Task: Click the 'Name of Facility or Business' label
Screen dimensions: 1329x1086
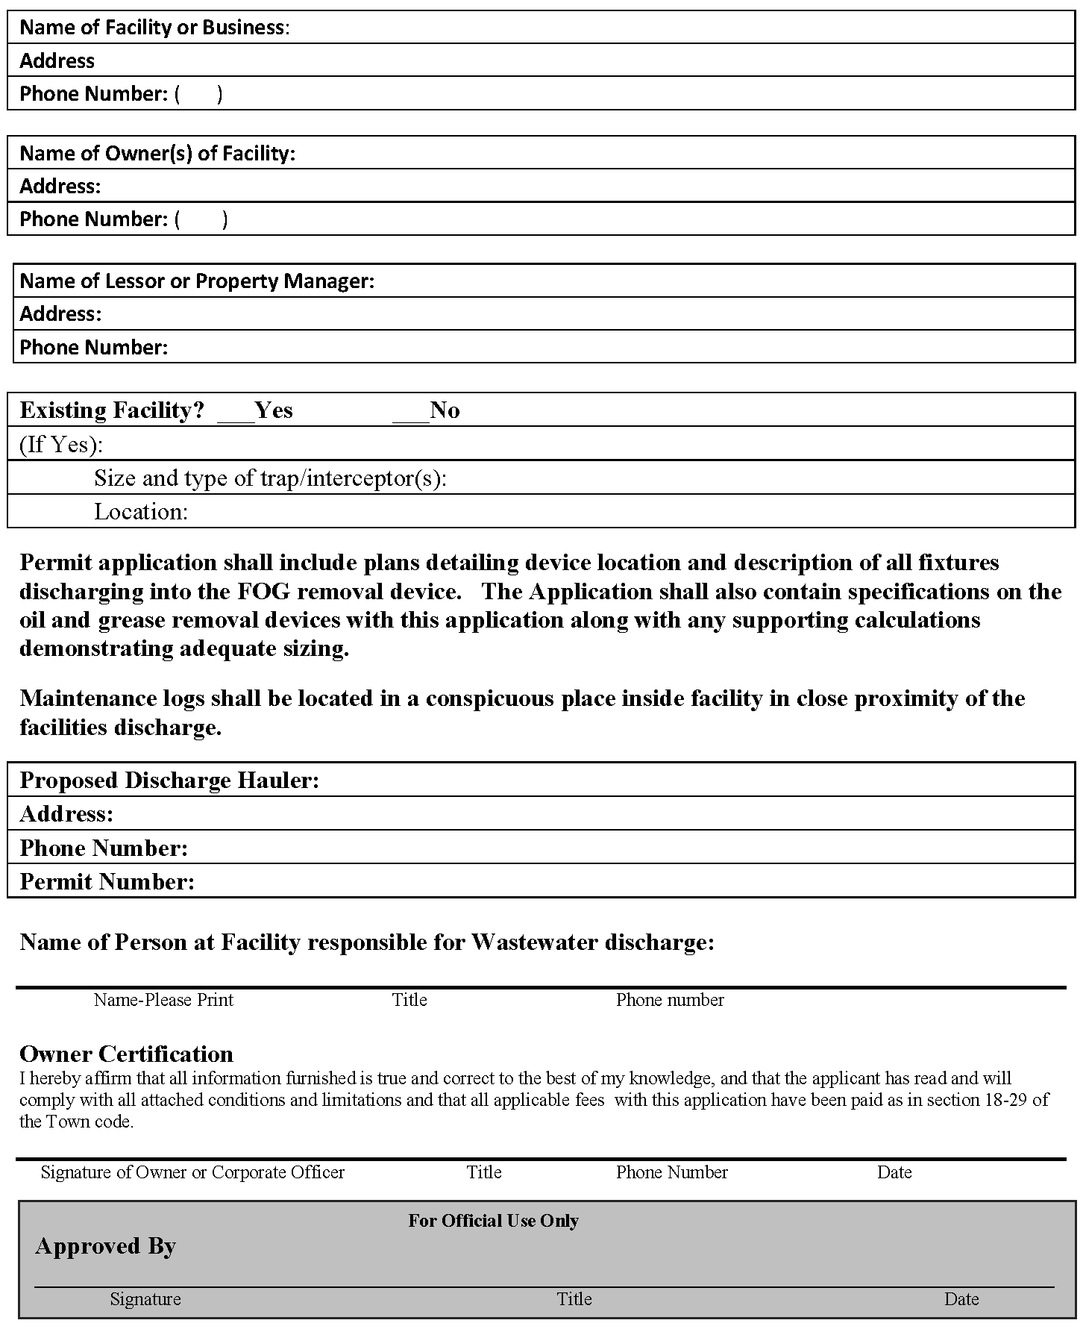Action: pyautogui.click(x=153, y=28)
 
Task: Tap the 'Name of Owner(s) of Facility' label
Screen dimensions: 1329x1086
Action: pyautogui.click(x=157, y=154)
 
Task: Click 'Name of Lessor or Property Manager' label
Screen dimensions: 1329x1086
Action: pyautogui.click(x=196, y=281)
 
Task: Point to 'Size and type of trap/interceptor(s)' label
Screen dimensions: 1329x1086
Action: pyautogui.click(x=270, y=478)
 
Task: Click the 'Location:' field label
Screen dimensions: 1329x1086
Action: pyautogui.click(x=141, y=512)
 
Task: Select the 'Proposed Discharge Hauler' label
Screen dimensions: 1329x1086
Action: pyautogui.click(x=169, y=781)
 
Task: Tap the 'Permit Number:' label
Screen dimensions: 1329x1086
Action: pyautogui.click(x=107, y=882)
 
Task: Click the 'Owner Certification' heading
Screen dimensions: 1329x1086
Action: pyautogui.click(x=126, y=1054)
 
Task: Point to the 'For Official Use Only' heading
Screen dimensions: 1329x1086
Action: pyautogui.click(x=493, y=1221)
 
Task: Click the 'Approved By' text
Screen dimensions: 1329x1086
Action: pyautogui.click(x=105, y=1246)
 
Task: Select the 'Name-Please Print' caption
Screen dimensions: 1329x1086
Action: pyautogui.click(x=163, y=1000)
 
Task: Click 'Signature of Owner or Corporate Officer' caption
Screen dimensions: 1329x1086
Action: pyautogui.click(x=192, y=1172)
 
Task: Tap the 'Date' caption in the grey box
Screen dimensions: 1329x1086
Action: pyautogui.click(x=961, y=1299)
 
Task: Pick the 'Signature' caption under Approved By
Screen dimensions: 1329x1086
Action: pyautogui.click(x=145, y=1299)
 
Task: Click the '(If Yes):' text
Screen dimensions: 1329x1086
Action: pyautogui.click(x=61, y=445)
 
